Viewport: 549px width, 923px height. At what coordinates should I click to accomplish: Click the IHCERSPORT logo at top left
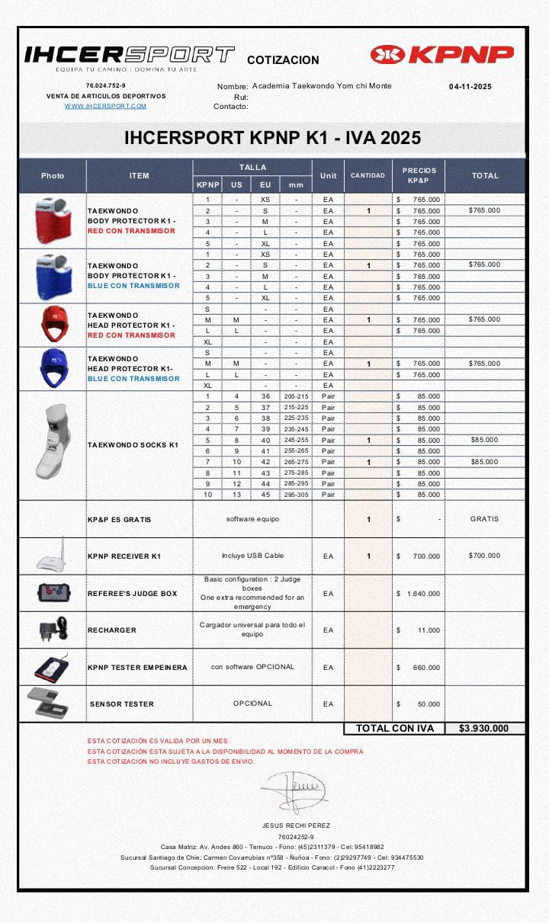pos(130,55)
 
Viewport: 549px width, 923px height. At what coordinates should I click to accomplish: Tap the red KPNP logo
pos(442,55)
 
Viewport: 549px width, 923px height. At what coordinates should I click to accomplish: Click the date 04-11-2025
pos(470,87)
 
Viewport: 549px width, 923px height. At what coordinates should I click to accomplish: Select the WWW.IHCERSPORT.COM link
pos(106,106)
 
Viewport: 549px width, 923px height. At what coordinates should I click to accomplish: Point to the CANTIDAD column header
pos(368,175)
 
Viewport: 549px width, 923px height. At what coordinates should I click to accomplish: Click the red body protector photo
pos(53,220)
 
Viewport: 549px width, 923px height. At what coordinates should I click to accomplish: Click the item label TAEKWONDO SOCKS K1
pos(133,445)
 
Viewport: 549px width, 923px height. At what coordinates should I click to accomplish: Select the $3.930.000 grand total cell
pos(484,729)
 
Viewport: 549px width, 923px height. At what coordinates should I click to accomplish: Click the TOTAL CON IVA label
pos(395,729)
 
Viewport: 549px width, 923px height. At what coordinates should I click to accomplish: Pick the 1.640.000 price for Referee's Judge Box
pos(423,594)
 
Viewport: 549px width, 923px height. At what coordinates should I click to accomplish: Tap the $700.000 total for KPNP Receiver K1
pos(484,556)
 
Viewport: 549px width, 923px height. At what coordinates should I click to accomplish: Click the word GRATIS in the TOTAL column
pos(484,519)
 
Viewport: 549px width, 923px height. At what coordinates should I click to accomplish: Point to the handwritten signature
pos(296,790)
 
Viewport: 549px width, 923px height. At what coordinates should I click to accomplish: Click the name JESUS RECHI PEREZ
pos(296,825)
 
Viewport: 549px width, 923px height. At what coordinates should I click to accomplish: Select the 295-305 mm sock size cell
pos(296,495)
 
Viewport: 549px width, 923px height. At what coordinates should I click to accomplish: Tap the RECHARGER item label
pos(112,630)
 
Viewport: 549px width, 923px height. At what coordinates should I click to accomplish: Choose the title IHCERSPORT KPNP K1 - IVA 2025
pos(272,139)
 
